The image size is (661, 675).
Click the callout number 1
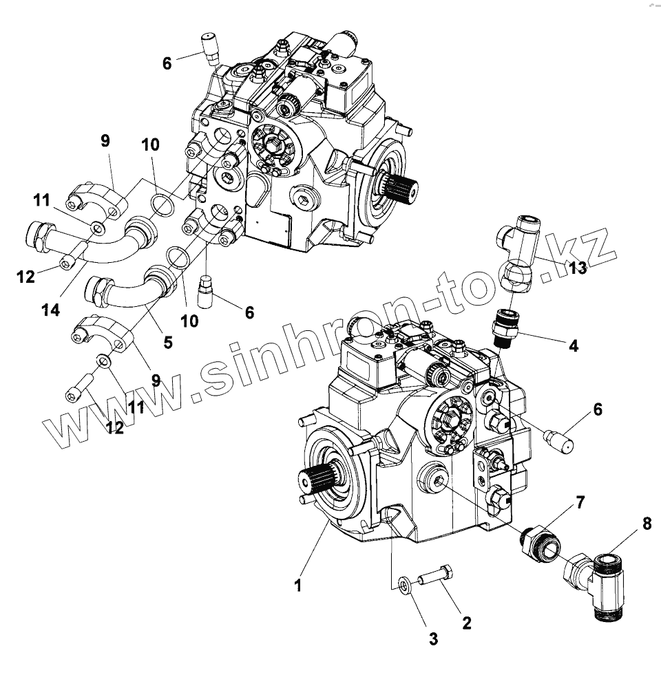coord(297,586)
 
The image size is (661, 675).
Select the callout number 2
coord(466,623)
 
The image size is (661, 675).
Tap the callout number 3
coord(433,639)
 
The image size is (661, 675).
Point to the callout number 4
coord(573,346)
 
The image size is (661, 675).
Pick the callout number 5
coord(167,341)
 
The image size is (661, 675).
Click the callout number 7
coord(580,502)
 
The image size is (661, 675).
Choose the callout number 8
coord(646,524)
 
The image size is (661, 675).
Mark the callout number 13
coord(578,268)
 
